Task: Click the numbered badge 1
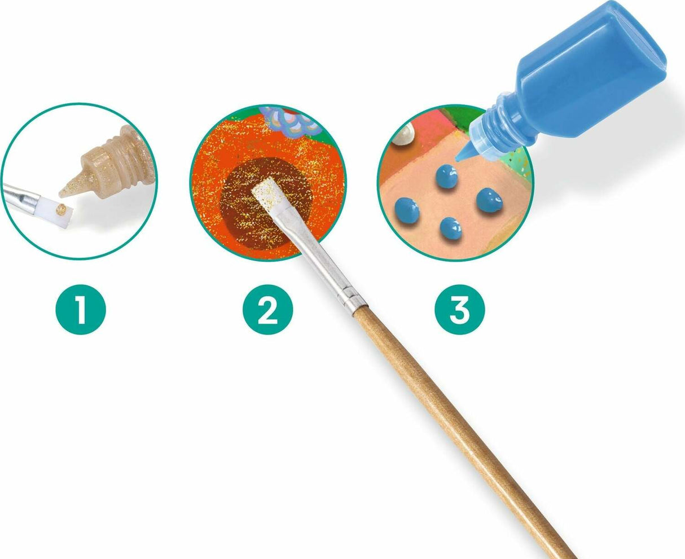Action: tap(81, 309)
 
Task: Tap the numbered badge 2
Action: tap(267, 309)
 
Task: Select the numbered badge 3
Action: tap(460, 309)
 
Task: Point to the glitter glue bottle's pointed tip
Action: tap(61, 194)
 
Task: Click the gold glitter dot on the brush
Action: tap(60, 209)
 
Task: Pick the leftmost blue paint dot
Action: tap(407, 210)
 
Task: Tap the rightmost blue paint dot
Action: tap(489, 200)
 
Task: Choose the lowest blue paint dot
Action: tap(451, 228)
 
